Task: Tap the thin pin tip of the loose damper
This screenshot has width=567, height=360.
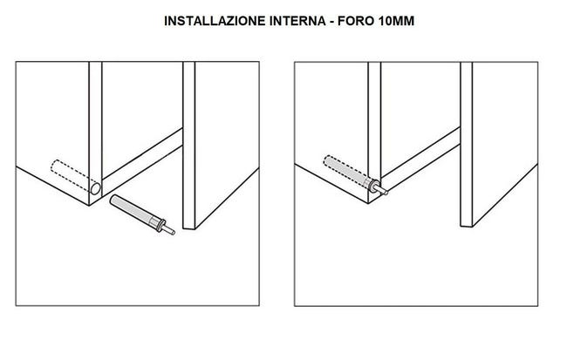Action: (x=174, y=234)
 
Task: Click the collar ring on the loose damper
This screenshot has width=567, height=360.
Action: (x=162, y=228)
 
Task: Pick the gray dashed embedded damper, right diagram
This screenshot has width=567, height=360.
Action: (x=345, y=171)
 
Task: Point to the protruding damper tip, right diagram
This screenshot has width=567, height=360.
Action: (x=376, y=186)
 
